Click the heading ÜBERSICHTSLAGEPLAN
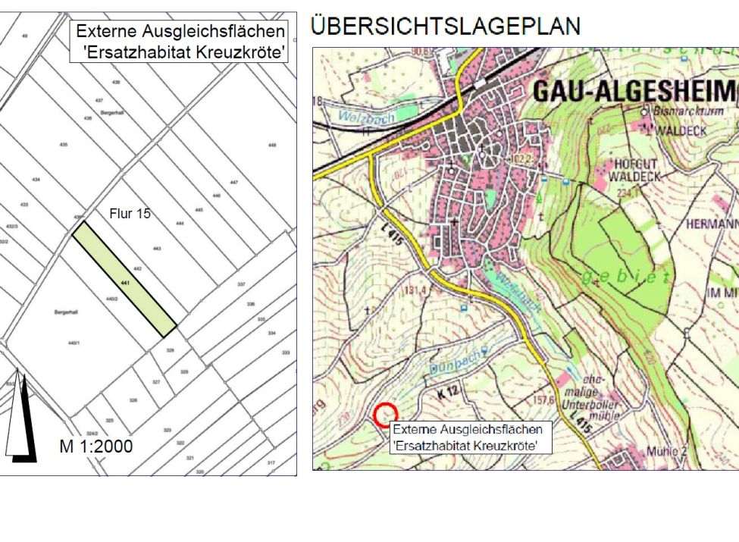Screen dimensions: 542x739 pyautogui.click(x=445, y=27)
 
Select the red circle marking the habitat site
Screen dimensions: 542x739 pyautogui.click(x=386, y=414)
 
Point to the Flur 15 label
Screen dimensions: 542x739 pyautogui.click(x=130, y=214)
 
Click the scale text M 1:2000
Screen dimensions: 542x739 pyautogui.click(x=96, y=446)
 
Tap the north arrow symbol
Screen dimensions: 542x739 pyautogui.click(x=20, y=417)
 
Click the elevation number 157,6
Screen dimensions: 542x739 pyautogui.click(x=543, y=398)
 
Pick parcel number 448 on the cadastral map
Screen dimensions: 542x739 pyautogui.click(x=272, y=145)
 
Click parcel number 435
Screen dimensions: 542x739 pyautogui.click(x=63, y=144)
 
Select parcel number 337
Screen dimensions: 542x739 pyautogui.click(x=241, y=284)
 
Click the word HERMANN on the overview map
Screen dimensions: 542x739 pyautogui.click(x=711, y=224)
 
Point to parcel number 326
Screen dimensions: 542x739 pyautogui.click(x=133, y=399)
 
